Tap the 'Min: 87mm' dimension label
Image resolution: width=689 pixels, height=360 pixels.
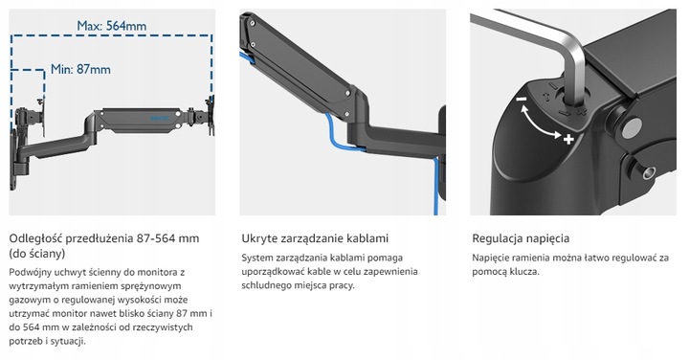click(x=79, y=69)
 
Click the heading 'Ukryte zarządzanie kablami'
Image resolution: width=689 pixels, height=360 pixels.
click(x=314, y=237)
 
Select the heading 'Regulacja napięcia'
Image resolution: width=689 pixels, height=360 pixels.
click(x=518, y=237)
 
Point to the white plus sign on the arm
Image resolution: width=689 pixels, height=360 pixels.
click(x=567, y=140)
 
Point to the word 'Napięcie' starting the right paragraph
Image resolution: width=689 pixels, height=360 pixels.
click(x=494, y=258)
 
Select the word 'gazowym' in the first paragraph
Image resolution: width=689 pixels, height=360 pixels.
click(x=30, y=301)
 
